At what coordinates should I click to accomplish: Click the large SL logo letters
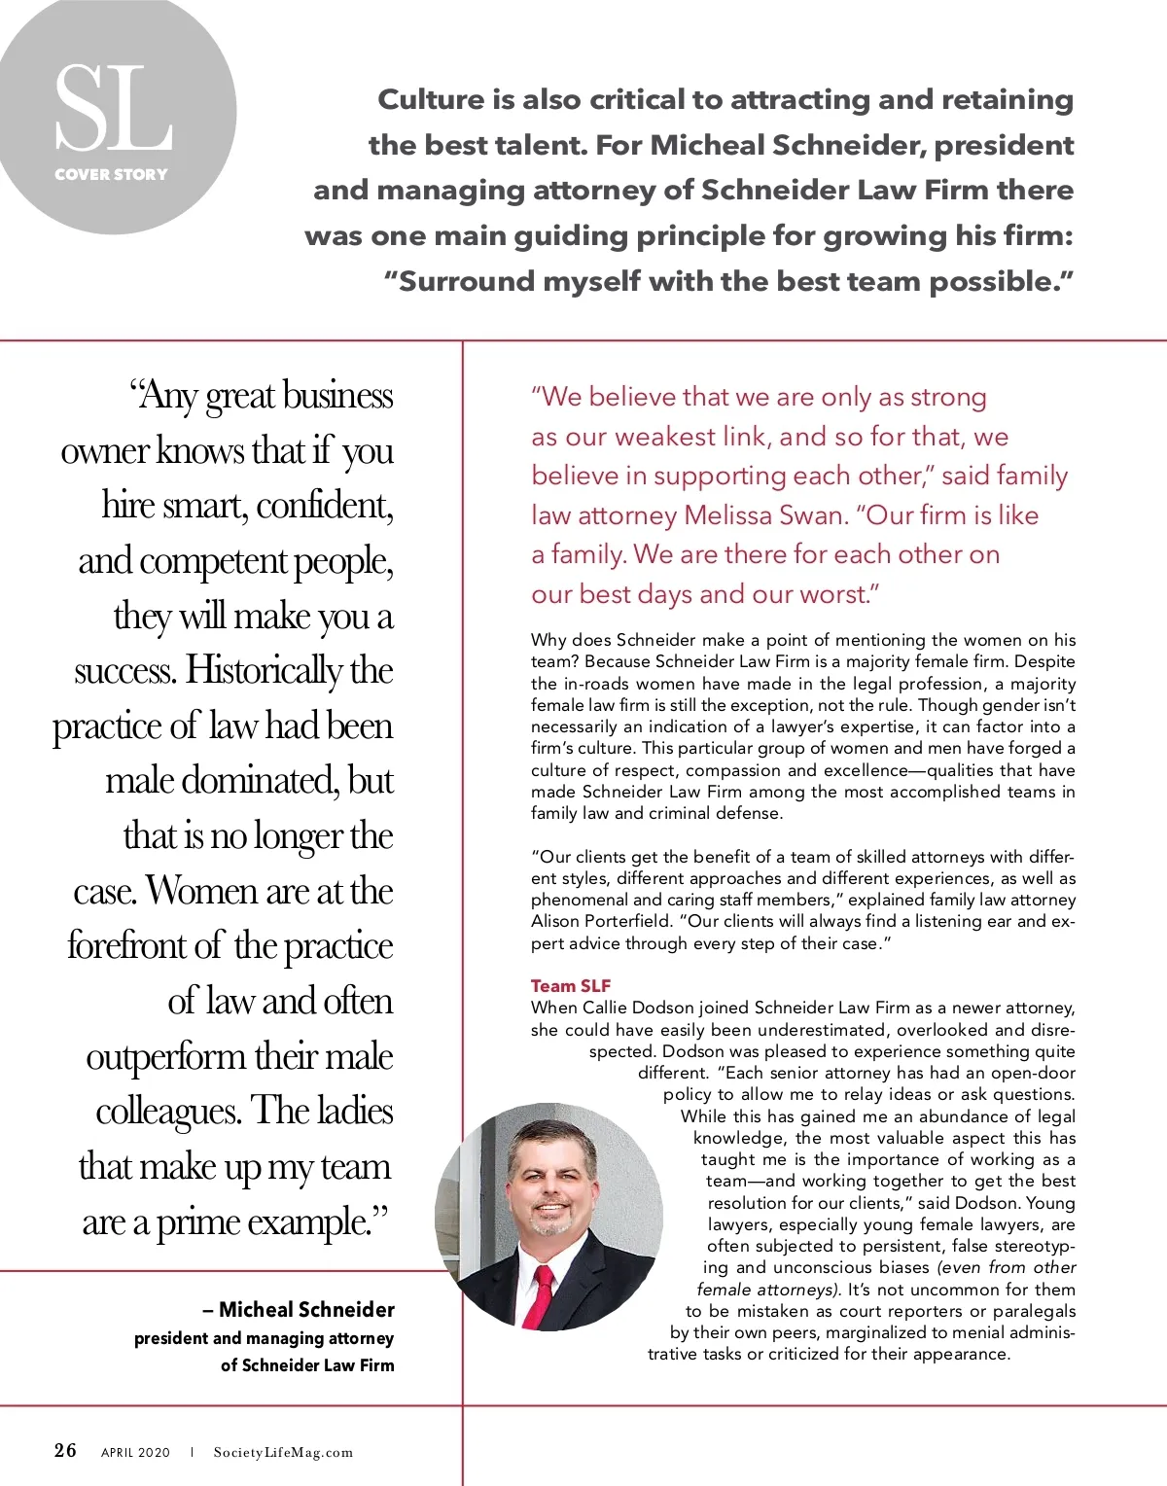(113, 109)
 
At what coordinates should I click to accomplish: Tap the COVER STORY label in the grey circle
(111, 174)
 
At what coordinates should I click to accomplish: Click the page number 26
(65, 1450)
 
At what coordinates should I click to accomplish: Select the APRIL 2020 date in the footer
(135, 1453)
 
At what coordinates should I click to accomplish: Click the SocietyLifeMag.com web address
(283, 1453)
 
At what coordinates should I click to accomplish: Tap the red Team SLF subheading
(571, 986)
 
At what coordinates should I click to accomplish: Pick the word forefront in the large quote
(145, 945)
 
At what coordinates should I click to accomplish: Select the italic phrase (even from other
(1007, 1267)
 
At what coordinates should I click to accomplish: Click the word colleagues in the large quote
(167, 1111)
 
